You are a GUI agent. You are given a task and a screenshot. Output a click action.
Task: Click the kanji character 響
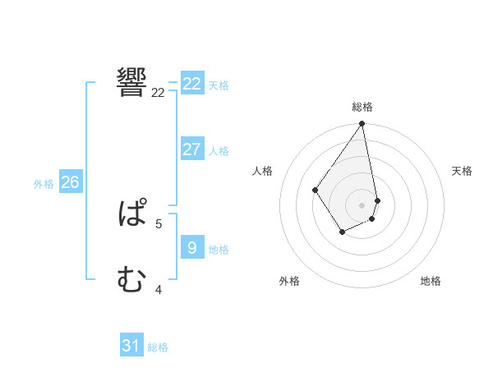point(132,82)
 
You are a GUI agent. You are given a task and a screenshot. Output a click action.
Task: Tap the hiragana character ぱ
point(132,215)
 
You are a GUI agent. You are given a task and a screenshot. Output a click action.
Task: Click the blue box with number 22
point(192,84)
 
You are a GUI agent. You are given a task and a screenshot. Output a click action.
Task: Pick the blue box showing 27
point(192,149)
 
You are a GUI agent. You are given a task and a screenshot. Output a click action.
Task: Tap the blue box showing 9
point(192,247)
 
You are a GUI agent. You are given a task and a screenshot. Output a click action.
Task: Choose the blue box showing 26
point(70,182)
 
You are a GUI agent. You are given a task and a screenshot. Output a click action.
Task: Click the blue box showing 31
point(131,346)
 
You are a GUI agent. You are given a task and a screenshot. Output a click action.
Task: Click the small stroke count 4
point(159,289)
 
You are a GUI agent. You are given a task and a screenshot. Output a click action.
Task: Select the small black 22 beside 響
point(159,93)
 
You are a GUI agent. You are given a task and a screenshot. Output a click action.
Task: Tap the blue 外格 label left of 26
point(44,184)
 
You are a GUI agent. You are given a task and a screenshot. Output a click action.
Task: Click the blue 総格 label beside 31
point(158,347)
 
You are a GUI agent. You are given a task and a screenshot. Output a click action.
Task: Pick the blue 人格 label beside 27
point(219,151)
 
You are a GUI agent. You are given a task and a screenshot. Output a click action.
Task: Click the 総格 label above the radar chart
point(362,107)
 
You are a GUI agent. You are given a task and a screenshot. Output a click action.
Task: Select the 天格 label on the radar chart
point(462,171)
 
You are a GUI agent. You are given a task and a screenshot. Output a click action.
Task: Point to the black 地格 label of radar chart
point(431,281)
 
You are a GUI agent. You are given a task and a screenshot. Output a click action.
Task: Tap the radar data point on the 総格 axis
point(362,124)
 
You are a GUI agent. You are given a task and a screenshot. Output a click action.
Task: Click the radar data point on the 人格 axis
point(316,191)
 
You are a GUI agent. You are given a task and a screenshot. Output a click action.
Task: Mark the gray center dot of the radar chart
point(362,205)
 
